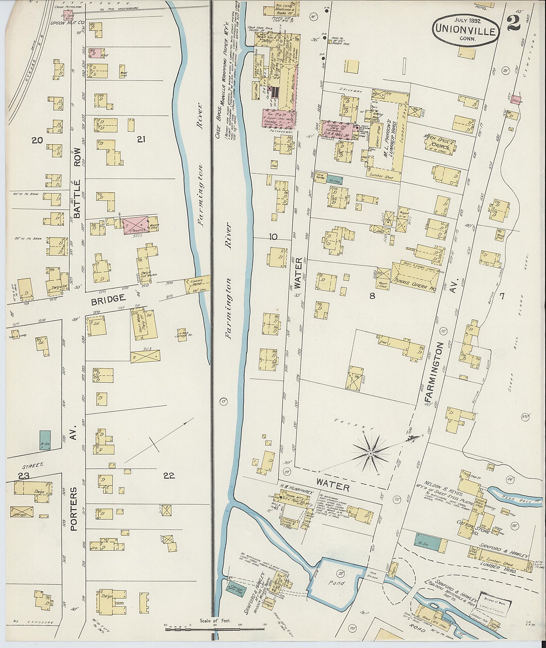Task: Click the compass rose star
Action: pos(371,453)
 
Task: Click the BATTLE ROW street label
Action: pos(77,190)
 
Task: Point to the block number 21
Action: pos(142,139)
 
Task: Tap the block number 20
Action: pos(37,140)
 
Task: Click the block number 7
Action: pos(502,296)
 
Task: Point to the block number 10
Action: pos(273,237)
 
